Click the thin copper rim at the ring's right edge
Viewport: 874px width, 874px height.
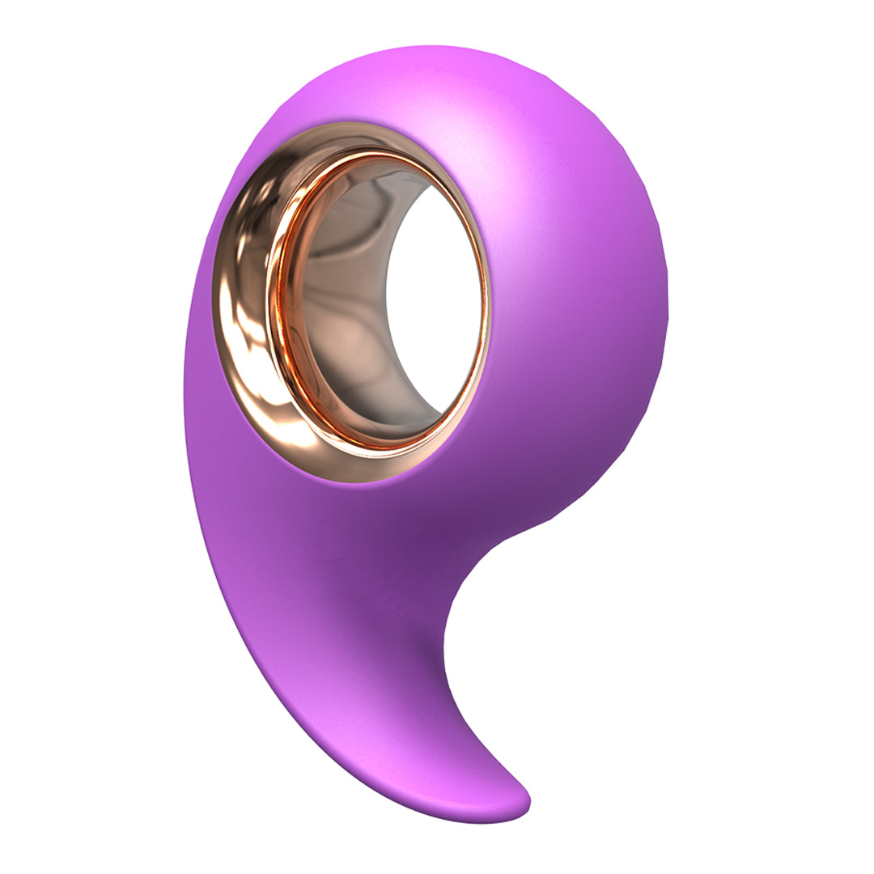click(486, 308)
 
